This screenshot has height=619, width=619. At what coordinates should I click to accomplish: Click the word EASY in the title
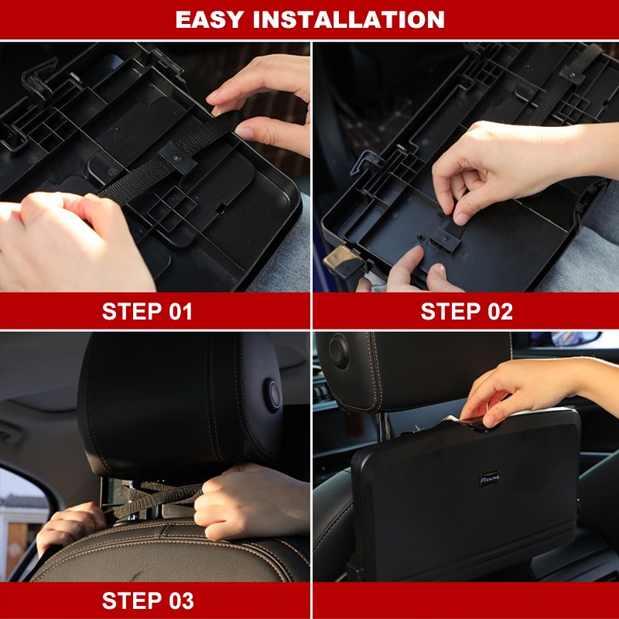[210, 19]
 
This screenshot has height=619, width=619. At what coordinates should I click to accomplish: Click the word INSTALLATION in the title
[349, 19]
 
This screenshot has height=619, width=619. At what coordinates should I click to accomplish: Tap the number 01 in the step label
[180, 312]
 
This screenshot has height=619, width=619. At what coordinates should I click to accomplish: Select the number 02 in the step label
[500, 312]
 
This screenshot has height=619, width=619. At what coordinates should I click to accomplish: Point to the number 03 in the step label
[181, 600]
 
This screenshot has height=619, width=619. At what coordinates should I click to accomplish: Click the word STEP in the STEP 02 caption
[451, 312]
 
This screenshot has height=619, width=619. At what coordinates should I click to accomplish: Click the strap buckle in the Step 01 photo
[177, 157]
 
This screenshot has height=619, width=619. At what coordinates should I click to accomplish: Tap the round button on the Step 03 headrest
[273, 395]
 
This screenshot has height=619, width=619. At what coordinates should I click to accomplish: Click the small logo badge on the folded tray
[490, 478]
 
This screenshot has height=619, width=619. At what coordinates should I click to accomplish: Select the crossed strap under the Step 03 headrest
[158, 498]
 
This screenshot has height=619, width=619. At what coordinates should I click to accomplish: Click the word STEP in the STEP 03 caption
[132, 600]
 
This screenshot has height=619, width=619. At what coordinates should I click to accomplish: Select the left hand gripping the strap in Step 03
[67, 527]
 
